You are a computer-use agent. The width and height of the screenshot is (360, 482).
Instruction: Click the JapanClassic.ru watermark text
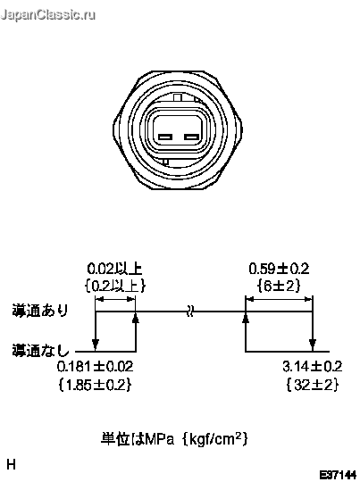(x=48, y=16)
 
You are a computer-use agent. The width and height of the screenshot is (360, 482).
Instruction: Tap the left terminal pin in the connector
(x=165, y=137)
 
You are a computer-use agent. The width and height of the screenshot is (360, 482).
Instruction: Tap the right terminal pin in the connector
(x=191, y=137)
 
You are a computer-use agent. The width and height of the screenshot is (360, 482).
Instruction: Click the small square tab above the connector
(x=178, y=98)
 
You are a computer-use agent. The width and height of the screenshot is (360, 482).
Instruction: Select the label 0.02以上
(x=114, y=269)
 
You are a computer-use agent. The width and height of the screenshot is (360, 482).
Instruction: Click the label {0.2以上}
(x=115, y=286)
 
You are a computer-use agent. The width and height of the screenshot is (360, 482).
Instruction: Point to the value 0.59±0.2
(x=279, y=269)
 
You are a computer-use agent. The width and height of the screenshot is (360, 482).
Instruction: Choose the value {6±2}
(x=279, y=286)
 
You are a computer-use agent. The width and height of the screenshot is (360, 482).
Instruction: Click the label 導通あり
(x=40, y=310)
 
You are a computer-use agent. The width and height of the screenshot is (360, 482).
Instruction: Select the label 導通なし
(x=41, y=350)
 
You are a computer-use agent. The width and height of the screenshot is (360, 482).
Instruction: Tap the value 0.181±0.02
(x=95, y=367)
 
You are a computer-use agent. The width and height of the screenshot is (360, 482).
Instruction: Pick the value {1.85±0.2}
(x=95, y=385)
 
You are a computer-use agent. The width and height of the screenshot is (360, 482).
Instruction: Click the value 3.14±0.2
(x=313, y=367)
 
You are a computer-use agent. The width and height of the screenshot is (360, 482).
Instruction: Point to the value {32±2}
(x=313, y=385)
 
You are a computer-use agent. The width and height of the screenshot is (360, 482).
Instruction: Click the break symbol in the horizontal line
(x=190, y=312)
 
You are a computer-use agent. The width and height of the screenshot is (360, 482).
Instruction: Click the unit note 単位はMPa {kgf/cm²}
(x=174, y=438)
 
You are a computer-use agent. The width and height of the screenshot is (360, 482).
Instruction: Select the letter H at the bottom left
(x=11, y=464)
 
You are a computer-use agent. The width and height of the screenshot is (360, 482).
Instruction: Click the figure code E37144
(x=338, y=475)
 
